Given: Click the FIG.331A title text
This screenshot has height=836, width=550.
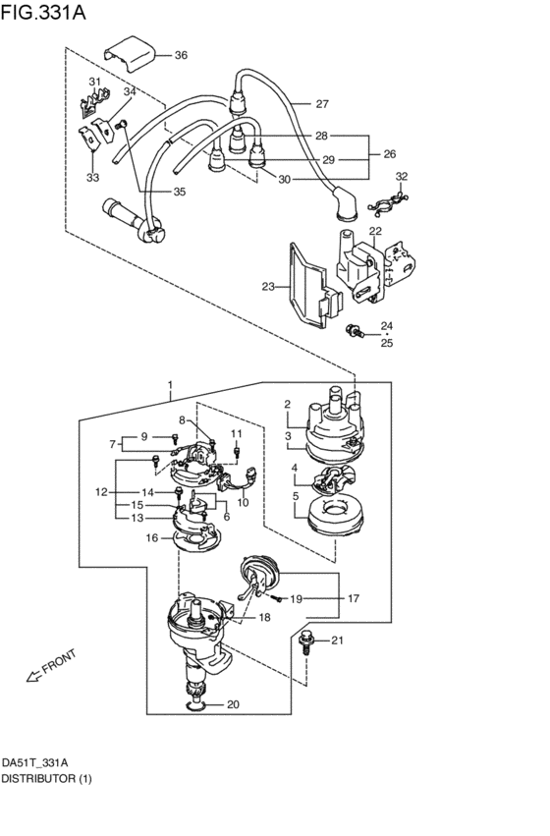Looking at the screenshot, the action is [42, 12].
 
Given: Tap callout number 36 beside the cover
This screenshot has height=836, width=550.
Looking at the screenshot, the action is [181, 55].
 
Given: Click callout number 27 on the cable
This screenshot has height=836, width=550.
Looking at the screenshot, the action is [322, 103].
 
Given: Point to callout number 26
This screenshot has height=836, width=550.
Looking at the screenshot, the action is [390, 153].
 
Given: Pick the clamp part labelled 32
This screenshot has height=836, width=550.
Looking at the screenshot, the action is [388, 204].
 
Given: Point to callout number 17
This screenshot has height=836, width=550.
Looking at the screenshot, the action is [354, 598].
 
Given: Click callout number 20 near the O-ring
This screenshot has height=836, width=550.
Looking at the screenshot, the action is [233, 704].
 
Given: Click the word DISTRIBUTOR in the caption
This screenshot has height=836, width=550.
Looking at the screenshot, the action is [38, 779].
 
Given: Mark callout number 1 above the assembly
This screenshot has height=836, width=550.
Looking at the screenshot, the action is [170, 385].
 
